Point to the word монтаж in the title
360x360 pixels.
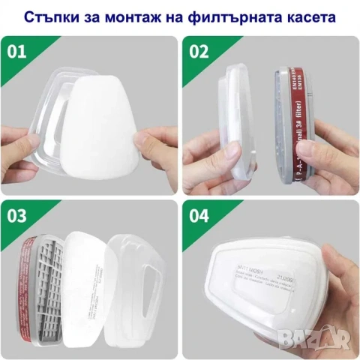[139, 16]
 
